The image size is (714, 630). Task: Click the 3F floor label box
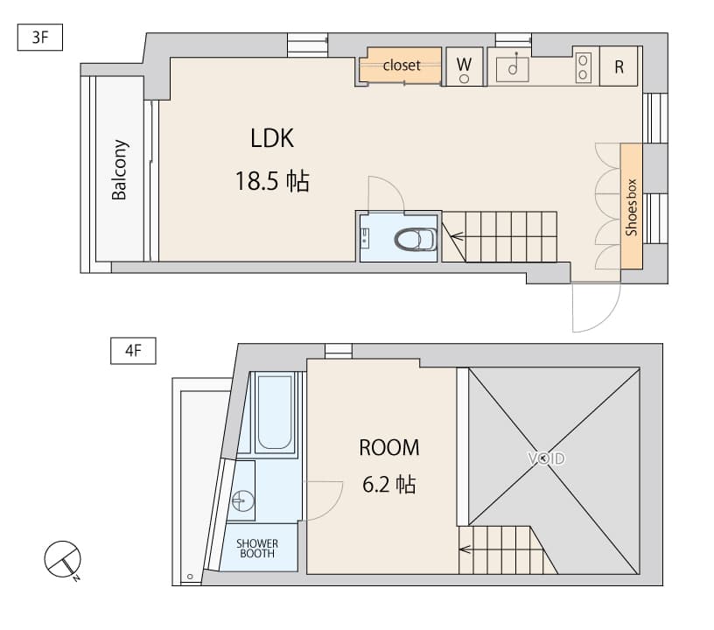(x=40, y=38)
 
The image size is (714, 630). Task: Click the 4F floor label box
(x=133, y=352)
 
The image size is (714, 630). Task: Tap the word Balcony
(x=120, y=170)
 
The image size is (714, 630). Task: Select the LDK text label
(x=272, y=138)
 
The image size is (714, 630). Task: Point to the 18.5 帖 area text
(x=271, y=182)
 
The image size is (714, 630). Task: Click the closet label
(x=401, y=66)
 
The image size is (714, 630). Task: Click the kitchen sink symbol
(x=513, y=67)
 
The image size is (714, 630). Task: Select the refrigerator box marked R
(x=619, y=67)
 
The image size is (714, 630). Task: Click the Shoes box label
(x=631, y=206)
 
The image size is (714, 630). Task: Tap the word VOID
(x=546, y=458)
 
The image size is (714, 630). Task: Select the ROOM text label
(x=389, y=448)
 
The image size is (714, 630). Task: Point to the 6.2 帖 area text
(x=389, y=484)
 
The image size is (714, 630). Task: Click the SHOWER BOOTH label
(x=257, y=548)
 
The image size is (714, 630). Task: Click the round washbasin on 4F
(x=242, y=501)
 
